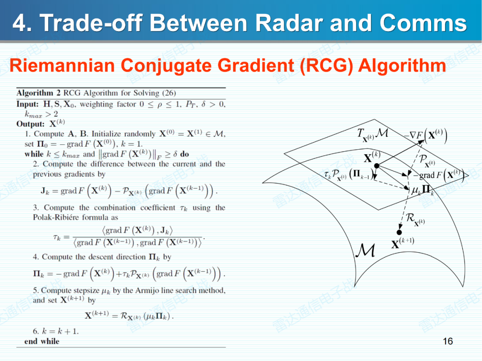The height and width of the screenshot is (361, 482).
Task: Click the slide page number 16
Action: click(x=448, y=341)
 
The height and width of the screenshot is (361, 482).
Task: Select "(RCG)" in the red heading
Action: click(x=326, y=66)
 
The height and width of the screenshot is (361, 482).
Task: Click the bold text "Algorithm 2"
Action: click(x=38, y=93)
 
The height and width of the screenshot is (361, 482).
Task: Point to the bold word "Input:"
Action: click(x=27, y=104)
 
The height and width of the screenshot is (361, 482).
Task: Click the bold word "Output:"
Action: click(x=30, y=124)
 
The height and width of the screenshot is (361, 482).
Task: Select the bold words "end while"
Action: click(x=42, y=341)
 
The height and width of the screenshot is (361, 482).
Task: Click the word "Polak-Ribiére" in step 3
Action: click(x=58, y=217)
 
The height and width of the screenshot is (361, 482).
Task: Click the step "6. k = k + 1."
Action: click(x=56, y=331)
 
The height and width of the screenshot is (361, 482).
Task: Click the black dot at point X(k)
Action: click(x=377, y=166)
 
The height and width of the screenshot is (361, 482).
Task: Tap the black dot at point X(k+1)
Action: click(x=399, y=232)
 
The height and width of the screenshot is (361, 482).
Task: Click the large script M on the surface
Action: click(x=366, y=250)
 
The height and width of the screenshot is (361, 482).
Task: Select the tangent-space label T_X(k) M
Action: click(x=372, y=135)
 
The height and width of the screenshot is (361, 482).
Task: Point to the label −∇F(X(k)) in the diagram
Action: click(x=425, y=135)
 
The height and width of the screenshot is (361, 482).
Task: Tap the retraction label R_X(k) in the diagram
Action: click(x=415, y=219)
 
